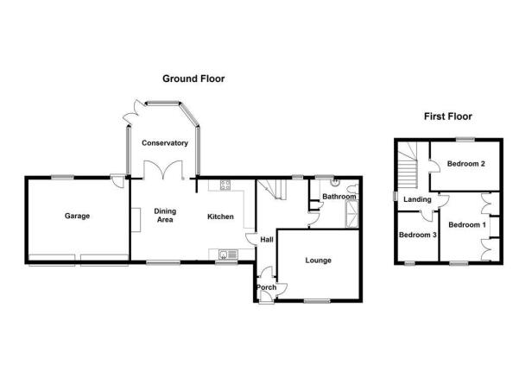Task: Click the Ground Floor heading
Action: click(193, 79)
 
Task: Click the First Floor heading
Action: click(448, 116)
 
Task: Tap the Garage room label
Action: click(77, 216)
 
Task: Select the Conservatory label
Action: click(165, 143)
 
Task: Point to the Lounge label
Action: click(318, 261)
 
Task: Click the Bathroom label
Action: click(339, 197)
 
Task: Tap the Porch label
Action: click(267, 287)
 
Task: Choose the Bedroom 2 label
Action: click(466, 164)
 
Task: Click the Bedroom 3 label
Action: click(418, 235)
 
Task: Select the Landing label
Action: click(417, 199)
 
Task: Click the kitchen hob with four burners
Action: click(225, 185)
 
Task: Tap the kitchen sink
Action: click(228, 254)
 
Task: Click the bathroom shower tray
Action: click(351, 215)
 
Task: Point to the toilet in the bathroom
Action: click(353, 189)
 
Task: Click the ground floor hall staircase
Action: click(273, 189)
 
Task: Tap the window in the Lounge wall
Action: click(317, 301)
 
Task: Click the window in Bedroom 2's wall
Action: click(465, 140)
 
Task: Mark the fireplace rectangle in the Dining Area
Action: click(136, 220)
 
